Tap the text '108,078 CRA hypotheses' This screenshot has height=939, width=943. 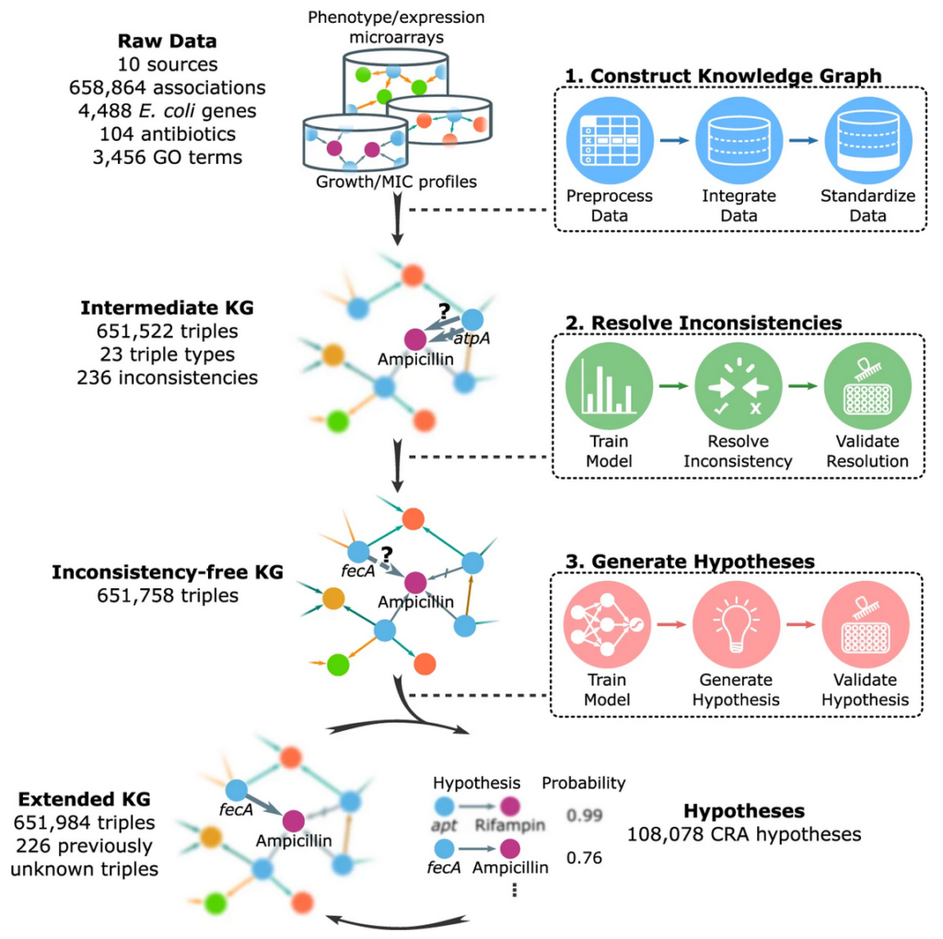pyautogui.click(x=744, y=835)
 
